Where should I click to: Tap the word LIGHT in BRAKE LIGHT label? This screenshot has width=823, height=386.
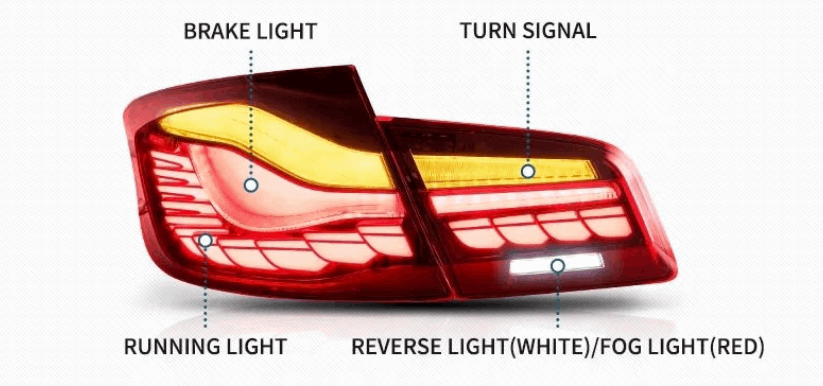coord(287,31)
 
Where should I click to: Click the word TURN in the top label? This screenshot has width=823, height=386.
coord(488,31)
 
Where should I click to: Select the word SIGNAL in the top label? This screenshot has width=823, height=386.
coord(559,31)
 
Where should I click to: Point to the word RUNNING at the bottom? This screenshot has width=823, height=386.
coord(172,346)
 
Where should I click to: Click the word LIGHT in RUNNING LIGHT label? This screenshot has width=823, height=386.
coord(257,346)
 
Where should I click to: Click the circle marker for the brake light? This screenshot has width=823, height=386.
coord(251,185)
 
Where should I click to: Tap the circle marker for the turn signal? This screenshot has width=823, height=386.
coord(528,171)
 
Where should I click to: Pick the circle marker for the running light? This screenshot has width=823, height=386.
coord(205,240)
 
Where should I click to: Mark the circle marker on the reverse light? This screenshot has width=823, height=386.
coord(558,265)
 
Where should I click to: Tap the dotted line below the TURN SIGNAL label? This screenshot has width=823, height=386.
coord(528,106)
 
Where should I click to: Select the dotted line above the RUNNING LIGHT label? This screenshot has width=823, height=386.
coord(205,290)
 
